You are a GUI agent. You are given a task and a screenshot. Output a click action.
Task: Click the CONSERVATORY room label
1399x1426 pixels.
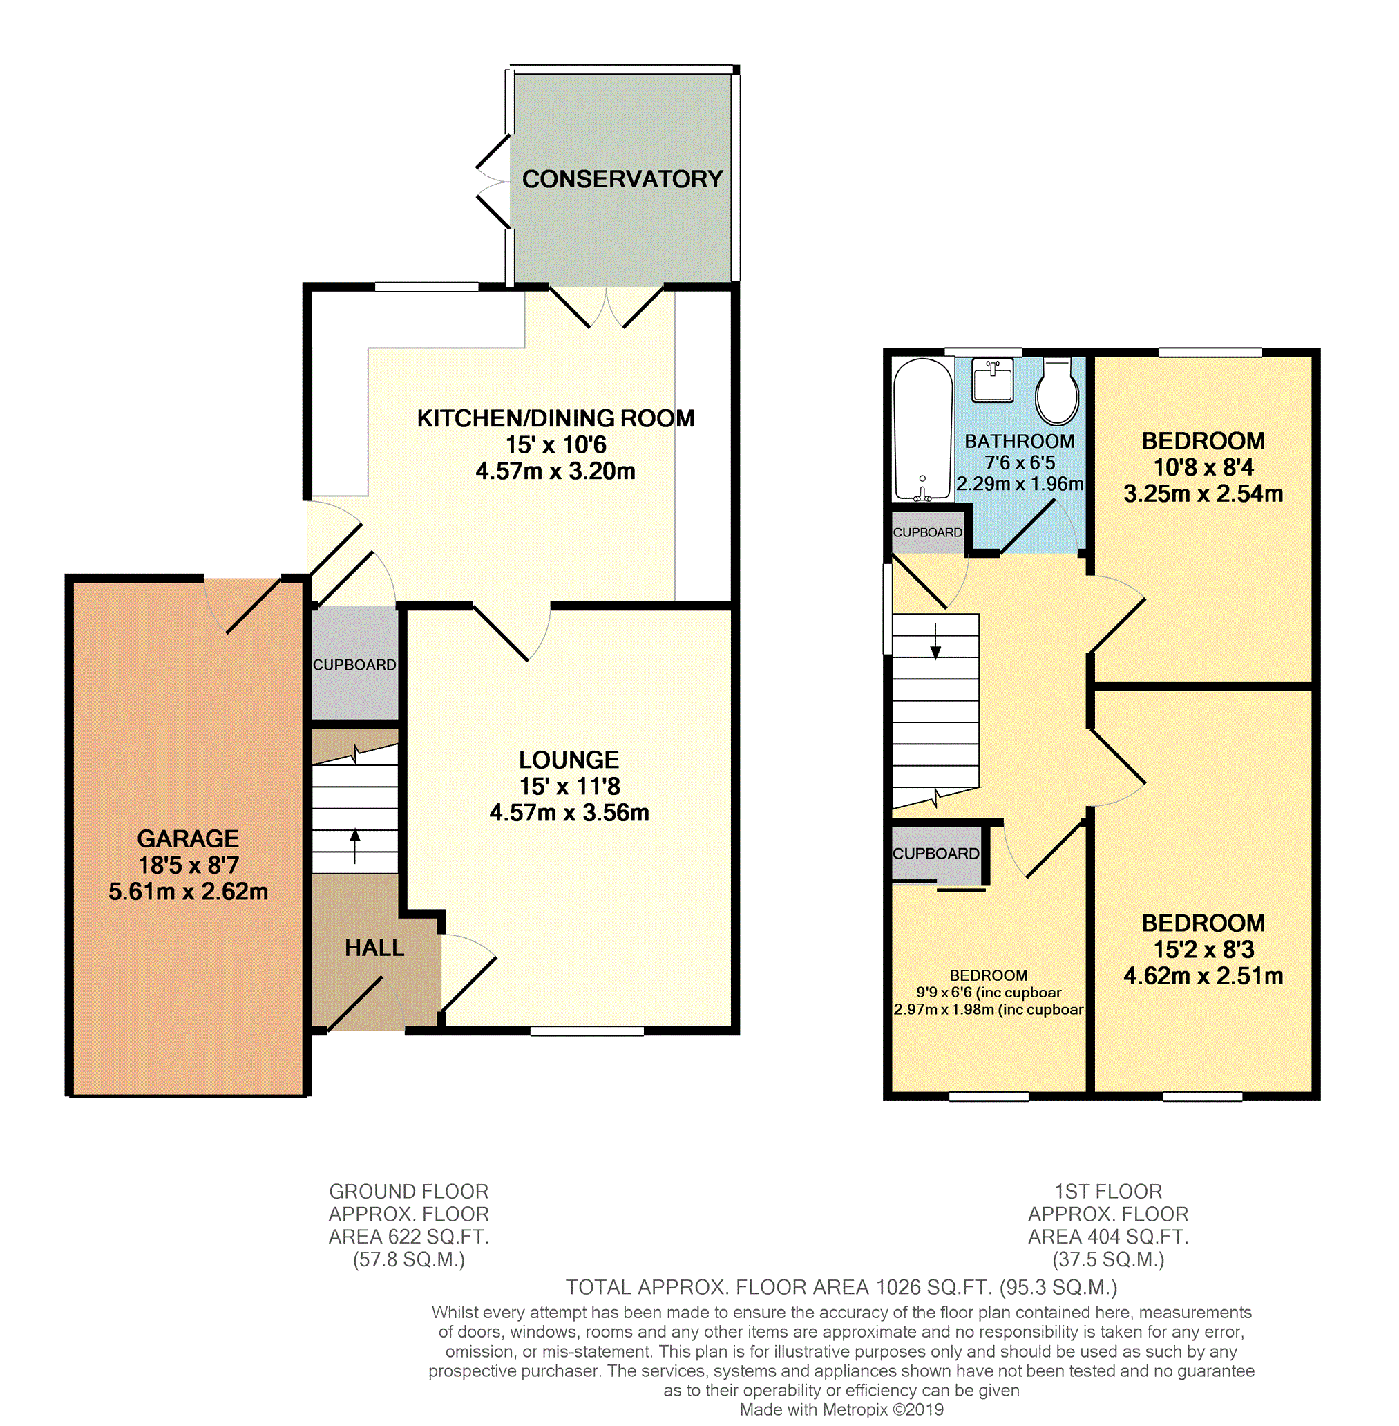point(622,178)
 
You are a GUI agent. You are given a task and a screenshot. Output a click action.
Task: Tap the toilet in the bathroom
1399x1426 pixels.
point(1056,392)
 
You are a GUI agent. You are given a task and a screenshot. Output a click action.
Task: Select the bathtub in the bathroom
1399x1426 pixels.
point(923,429)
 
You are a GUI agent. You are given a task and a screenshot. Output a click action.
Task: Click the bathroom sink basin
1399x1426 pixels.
point(993,380)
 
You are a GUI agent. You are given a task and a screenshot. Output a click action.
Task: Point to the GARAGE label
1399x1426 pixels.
point(188,838)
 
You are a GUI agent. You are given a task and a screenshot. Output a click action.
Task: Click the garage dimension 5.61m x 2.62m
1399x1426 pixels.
point(188,892)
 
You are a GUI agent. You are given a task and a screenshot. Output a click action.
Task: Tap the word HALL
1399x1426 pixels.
point(374,948)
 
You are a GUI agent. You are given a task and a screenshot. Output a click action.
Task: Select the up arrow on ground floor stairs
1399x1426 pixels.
point(355,845)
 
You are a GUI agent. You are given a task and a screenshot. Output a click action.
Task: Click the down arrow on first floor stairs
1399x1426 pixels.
point(935,641)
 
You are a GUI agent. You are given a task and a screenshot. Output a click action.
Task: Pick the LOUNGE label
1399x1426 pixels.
point(569,760)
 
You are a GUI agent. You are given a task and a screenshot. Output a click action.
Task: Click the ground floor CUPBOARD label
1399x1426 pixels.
point(355,664)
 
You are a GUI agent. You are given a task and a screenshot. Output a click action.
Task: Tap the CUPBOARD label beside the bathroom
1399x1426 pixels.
point(927,532)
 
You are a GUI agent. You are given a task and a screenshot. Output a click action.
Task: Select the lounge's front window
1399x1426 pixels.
point(587,1031)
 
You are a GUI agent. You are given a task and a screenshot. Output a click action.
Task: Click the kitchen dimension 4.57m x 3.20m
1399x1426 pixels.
point(555,471)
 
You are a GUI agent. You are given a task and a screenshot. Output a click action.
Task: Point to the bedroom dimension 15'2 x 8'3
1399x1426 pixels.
point(1203,950)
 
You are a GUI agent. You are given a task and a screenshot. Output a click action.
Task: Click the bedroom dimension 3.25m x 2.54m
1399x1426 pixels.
point(1203,494)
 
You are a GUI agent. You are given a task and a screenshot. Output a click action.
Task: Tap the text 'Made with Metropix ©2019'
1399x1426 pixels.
point(841,1410)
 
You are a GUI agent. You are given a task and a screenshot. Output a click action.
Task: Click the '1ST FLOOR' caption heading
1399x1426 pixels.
point(1108,1192)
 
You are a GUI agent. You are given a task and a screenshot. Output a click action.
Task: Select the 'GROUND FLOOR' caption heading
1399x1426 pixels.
point(408,1192)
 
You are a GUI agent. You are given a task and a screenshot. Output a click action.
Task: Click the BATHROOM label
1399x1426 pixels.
point(1019,441)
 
